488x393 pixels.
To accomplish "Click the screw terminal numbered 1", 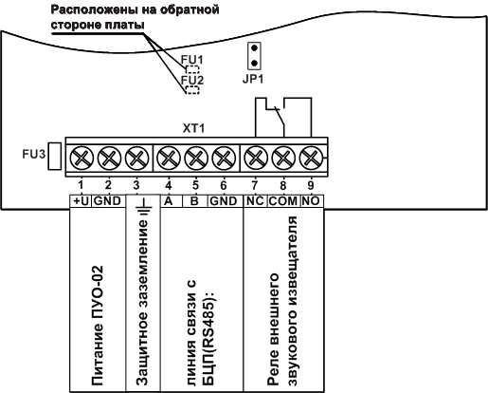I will tap(81, 156).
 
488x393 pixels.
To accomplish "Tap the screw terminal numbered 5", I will tap(195, 156).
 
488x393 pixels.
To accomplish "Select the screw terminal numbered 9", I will tap(310, 156).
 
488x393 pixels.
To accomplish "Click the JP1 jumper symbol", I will tap(252, 53).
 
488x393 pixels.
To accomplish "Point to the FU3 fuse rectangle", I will tap(54, 154).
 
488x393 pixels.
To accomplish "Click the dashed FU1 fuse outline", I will tap(191, 69).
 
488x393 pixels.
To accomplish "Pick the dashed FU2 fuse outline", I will tap(191, 90).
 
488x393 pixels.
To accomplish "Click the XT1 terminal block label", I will tap(195, 126).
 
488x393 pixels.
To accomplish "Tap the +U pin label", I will tap(81, 201).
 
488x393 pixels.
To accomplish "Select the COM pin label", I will tap(282, 201).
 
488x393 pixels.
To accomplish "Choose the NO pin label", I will tap(310, 201).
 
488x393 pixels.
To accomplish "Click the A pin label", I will tap(168, 201).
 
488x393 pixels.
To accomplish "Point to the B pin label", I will tap(195, 201).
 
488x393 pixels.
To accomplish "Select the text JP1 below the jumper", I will tap(253, 79).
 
